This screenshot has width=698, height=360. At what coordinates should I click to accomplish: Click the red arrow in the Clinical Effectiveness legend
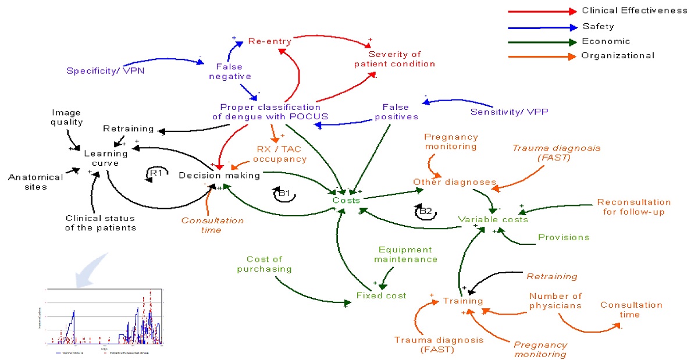541,11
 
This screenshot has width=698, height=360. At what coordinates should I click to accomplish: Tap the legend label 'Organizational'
618,56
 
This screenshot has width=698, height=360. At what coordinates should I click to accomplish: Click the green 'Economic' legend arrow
541,41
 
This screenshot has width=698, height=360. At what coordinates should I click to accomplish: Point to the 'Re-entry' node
269,41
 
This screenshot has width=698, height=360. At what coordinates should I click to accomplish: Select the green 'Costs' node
347,199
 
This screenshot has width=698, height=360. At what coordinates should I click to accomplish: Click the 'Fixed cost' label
381,295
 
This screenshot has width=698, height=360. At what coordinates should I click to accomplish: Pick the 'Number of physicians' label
555,301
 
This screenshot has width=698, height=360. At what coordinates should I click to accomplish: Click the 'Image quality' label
67,117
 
